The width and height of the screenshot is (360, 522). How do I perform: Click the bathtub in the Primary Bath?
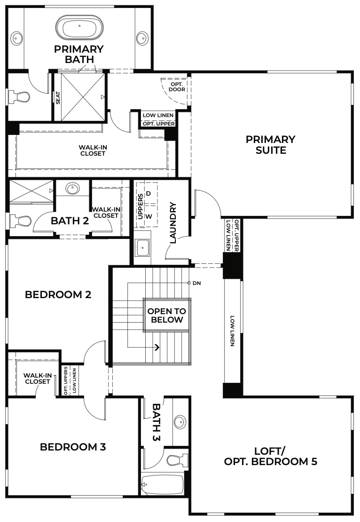[78, 27]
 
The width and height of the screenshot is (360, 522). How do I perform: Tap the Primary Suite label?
[270, 145]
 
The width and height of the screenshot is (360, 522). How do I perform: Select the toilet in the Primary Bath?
[19, 97]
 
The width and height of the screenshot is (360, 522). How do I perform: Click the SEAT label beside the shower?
[58, 97]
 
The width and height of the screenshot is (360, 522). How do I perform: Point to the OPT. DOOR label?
[177, 86]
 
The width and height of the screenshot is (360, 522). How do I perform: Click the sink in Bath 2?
[72, 189]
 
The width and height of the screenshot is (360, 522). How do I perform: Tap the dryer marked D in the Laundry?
[148, 193]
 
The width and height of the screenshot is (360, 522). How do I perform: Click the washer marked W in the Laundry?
[148, 216]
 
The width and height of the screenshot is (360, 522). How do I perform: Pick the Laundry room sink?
[142, 245]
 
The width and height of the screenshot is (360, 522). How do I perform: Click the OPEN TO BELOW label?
[166, 316]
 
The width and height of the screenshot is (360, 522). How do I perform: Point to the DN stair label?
[196, 283]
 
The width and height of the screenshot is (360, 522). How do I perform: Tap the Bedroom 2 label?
[58, 295]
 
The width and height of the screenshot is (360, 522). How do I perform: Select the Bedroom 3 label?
[73, 447]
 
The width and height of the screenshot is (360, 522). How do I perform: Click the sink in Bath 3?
[180, 422]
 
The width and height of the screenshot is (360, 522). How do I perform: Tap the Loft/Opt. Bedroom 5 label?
[270, 456]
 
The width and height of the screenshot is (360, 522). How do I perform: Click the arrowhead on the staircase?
[157, 348]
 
